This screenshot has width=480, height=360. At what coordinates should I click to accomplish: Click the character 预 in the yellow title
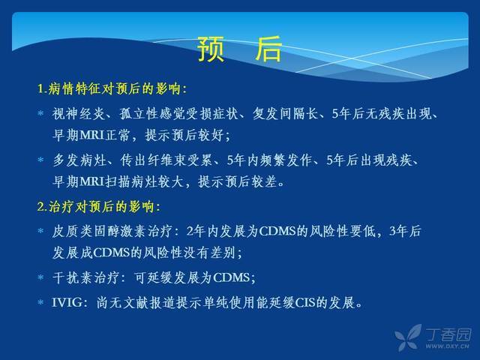click(211, 49)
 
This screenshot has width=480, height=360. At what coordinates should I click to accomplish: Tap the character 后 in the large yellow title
click(268, 49)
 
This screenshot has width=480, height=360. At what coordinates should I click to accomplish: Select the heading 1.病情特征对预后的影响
click(112, 89)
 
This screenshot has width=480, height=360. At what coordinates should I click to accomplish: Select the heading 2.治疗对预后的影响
click(98, 207)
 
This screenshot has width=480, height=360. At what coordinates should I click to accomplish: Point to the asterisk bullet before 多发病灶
click(40, 160)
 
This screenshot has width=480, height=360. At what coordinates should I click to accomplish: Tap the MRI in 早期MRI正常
click(92, 135)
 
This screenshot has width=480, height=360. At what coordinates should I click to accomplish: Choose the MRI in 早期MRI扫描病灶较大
click(92, 181)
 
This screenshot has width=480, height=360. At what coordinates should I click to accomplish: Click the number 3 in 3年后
click(393, 231)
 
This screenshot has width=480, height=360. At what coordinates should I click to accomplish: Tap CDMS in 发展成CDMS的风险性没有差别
click(112, 253)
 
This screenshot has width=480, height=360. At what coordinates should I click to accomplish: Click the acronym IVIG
click(67, 303)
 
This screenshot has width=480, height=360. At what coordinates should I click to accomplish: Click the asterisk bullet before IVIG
click(40, 302)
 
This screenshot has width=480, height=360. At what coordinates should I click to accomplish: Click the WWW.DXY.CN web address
click(448, 346)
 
